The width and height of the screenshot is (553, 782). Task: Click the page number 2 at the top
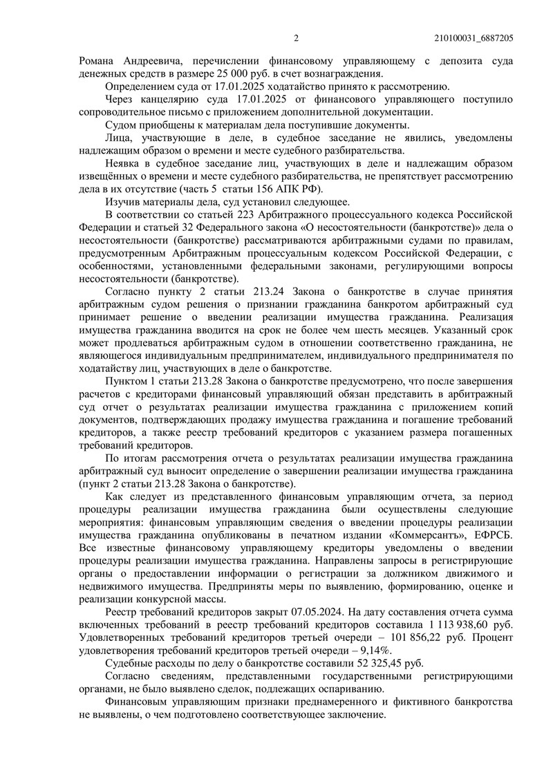[x=295, y=38]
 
